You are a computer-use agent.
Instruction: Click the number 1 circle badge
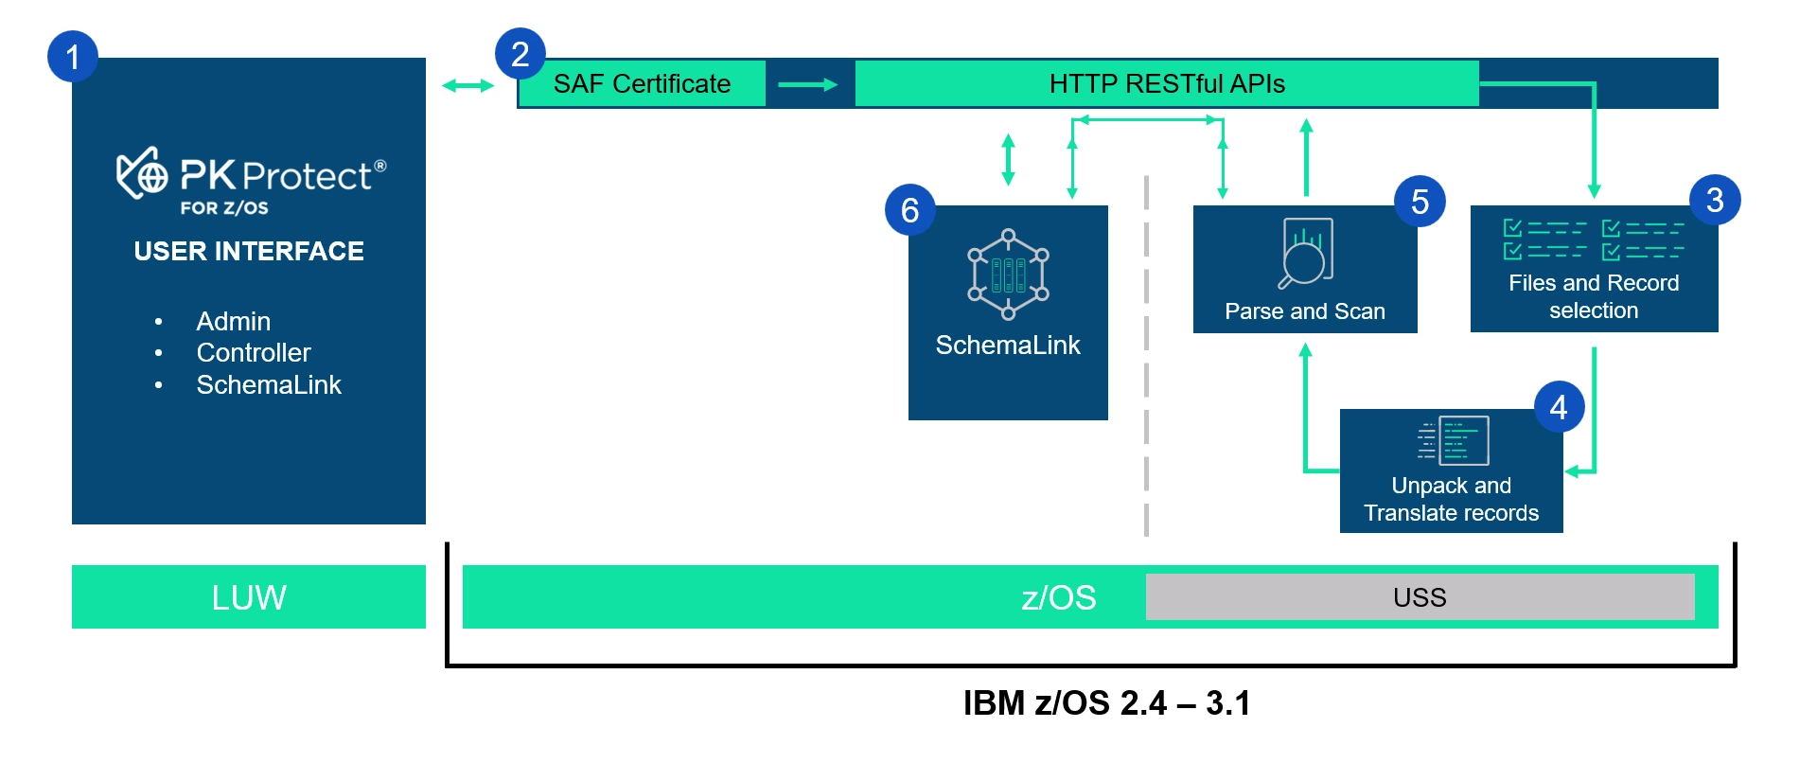[73, 57]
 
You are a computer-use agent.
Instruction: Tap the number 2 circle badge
[520, 54]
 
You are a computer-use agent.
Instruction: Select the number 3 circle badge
[1715, 200]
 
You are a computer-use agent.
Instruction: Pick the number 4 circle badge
[1559, 407]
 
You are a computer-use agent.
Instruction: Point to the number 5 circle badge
[1420, 202]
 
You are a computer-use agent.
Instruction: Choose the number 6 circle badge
[909, 210]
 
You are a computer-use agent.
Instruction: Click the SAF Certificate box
[642, 84]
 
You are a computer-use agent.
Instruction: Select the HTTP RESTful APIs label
[1166, 84]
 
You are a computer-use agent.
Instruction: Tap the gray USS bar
[1420, 597]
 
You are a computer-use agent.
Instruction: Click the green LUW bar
[249, 597]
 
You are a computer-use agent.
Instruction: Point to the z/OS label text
[1058, 598]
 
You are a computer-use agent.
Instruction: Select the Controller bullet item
[254, 353]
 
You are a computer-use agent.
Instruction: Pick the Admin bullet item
[233, 322]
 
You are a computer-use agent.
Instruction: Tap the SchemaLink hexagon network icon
[1008, 275]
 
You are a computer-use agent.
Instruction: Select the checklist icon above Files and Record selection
[1594, 240]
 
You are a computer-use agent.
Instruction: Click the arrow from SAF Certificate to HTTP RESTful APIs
[807, 85]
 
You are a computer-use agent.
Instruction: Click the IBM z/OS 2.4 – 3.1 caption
[1106, 703]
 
